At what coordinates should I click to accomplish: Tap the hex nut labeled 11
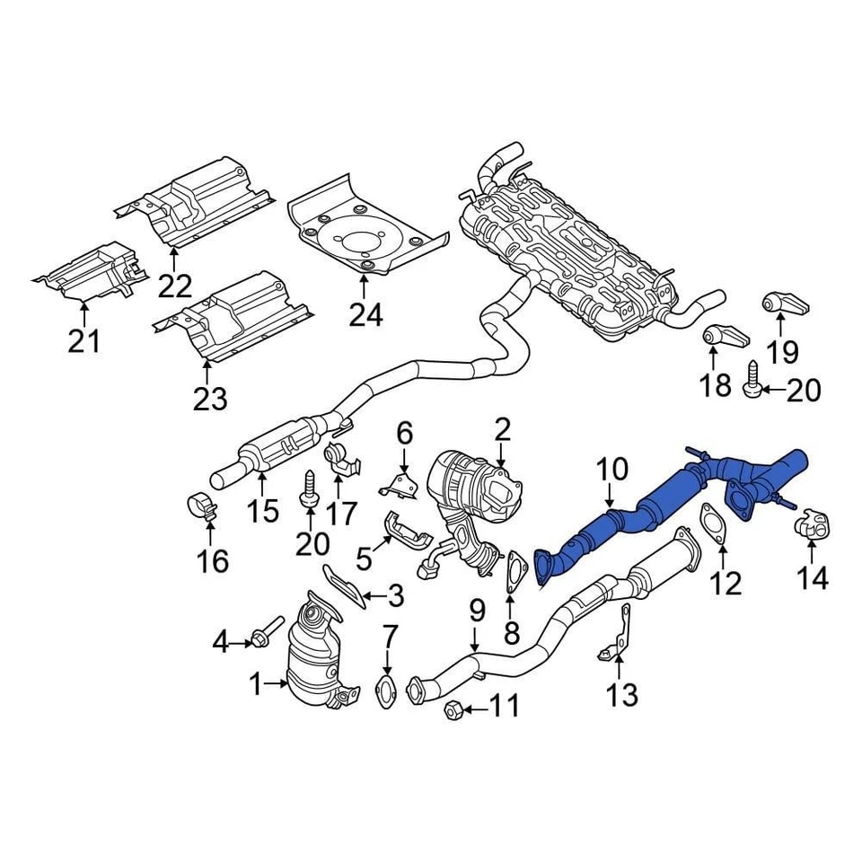[x=453, y=711]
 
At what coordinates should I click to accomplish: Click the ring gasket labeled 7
[x=386, y=692]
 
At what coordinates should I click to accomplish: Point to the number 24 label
[x=365, y=314]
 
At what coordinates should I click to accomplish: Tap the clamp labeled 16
[x=205, y=508]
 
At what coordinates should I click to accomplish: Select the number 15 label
[x=264, y=513]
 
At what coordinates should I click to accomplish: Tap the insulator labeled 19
[x=781, y=304]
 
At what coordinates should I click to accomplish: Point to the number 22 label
[x=175, y=286]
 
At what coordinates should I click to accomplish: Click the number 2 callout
[x=501, y=429]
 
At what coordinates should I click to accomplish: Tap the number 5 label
[x=364, y=559]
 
